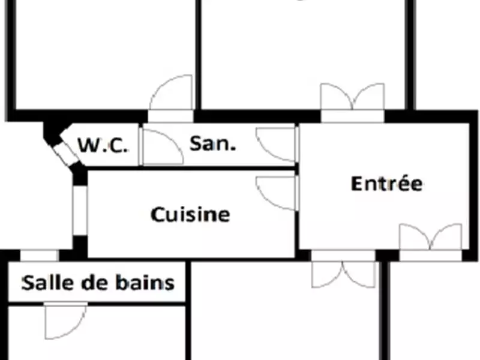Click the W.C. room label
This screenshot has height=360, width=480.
103,145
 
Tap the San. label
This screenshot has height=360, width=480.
213,143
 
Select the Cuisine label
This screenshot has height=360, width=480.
190,214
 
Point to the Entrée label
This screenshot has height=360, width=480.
386,183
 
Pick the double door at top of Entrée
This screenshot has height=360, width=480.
352,99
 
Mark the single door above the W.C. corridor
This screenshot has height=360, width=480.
171,96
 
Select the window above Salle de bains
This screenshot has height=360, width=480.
40,256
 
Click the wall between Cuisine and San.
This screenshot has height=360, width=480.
192,169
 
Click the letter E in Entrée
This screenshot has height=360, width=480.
357,183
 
